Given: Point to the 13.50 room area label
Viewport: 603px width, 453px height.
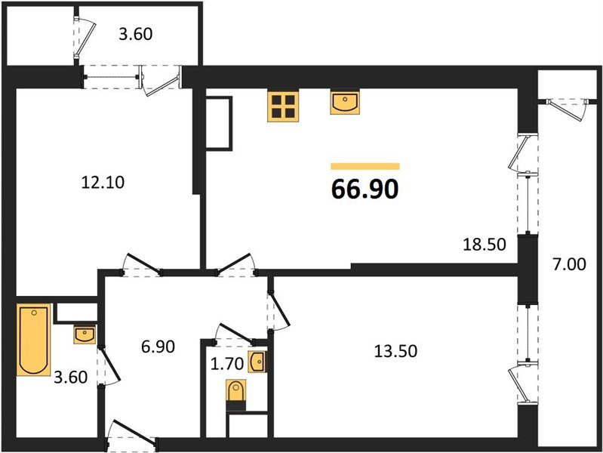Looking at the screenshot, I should [x=396, y=350].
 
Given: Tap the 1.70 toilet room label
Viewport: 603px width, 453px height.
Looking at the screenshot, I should [x=227, y=363].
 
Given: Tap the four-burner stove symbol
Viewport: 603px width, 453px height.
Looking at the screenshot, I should [x=283, y=106].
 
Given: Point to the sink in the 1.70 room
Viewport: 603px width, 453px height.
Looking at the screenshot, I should [x=257, y=362].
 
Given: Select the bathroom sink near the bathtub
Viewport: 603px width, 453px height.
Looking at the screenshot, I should [x=84, y=334].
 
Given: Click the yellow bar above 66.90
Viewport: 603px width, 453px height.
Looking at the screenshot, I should [x=365, y=166].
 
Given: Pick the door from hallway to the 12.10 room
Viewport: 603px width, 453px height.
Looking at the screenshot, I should [x=140, y=265].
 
